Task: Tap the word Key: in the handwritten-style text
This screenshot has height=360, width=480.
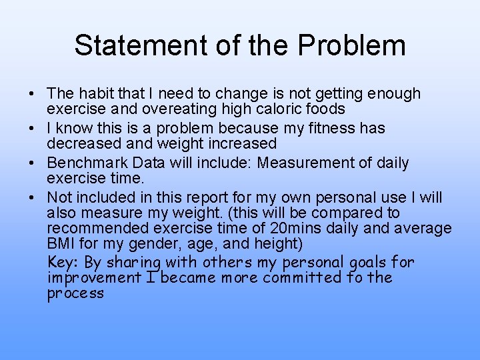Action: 62,262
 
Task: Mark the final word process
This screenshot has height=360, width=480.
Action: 75,294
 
